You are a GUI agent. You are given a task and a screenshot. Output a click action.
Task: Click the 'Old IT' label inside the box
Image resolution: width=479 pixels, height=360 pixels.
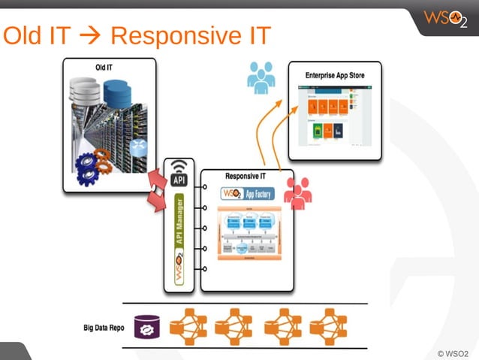104,67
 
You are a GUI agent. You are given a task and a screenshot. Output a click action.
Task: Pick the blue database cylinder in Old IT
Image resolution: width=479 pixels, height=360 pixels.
117,93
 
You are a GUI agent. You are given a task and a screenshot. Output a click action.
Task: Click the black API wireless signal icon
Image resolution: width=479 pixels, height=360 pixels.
179,174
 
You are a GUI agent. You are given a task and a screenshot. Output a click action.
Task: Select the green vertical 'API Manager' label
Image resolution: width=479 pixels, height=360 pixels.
179,225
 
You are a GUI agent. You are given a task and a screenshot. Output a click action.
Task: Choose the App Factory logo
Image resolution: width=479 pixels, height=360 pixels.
248,193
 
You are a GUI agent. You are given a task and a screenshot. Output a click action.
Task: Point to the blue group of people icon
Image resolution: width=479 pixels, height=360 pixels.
261,78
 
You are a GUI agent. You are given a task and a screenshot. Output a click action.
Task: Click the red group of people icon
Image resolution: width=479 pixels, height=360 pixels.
298,194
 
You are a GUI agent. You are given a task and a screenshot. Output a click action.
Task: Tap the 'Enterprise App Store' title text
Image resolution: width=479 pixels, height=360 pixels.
335,75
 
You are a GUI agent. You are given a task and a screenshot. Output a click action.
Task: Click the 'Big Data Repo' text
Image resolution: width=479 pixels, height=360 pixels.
104,328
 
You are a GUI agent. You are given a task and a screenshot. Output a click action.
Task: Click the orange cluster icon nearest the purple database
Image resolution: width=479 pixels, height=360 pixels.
188,327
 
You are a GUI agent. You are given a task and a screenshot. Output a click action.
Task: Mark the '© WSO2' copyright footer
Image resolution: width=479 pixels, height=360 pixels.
452,352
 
